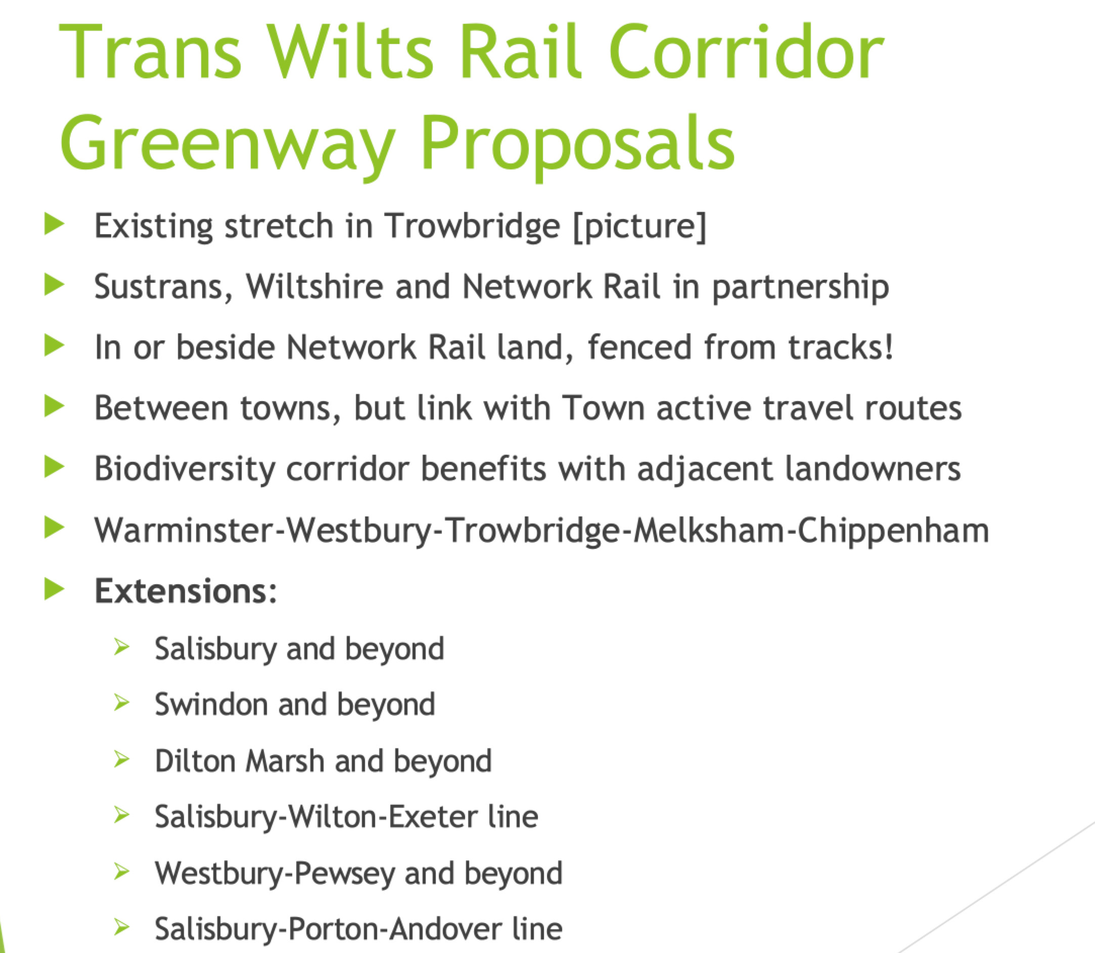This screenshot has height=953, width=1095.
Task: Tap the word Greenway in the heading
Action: (228, 147)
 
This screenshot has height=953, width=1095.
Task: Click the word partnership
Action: (800, 288)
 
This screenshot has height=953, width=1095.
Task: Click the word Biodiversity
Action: (185, 469)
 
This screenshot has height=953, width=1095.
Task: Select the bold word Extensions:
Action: (186, 591)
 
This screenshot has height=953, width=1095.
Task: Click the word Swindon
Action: (211, 704)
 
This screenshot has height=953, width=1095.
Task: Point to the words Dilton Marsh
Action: (240, 760)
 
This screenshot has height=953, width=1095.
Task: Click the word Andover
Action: (445, 929)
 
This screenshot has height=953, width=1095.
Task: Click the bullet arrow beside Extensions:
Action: (54, 589)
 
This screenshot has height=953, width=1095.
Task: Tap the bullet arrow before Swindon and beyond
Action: (122, 703)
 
